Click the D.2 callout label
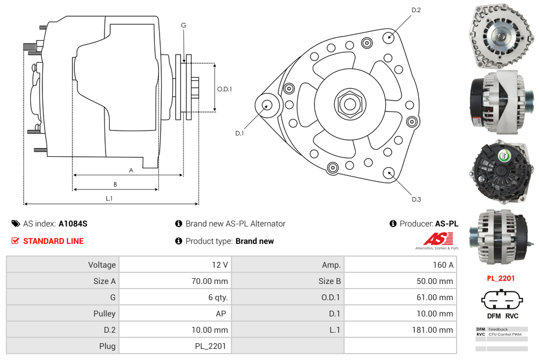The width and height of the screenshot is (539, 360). [416, 10]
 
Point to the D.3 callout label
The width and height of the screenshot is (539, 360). [416, 199]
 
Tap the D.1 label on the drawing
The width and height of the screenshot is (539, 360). [239, 133]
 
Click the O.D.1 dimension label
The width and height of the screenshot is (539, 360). [225, 89]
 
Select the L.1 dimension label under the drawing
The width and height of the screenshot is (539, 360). [109, 199]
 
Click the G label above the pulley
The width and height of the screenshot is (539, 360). [183, 25]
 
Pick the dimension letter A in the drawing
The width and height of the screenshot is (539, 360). [131, 170]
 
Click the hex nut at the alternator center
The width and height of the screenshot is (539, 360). [349, 105]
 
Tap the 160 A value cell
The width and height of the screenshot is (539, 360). [400, 265]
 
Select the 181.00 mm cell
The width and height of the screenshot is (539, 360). [400, 330]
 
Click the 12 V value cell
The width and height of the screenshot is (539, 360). [175, 265]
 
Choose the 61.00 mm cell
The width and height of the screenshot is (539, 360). [400, 297]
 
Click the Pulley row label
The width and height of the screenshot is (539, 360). [63, 314]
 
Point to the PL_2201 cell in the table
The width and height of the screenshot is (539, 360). [175, 346]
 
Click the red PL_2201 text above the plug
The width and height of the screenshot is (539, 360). [501, 278]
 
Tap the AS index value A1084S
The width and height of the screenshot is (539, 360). [73, 224]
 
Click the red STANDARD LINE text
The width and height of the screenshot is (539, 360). [53, 241]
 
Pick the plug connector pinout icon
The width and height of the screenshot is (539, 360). [501, 300]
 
